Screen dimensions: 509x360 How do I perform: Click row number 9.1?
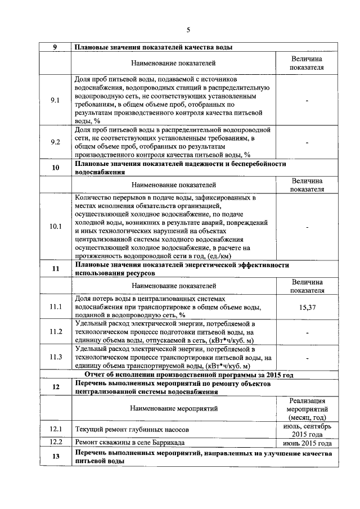click(55, 100)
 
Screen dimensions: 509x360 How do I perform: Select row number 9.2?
click(55, 142)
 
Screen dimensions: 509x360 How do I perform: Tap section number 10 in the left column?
click(55, 168)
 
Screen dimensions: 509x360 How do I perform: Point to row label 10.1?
click(55, 226)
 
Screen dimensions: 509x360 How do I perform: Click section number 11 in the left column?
click(55, 268)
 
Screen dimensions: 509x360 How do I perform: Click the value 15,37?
click(307, 307)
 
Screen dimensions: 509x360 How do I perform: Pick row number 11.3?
click(55, 357)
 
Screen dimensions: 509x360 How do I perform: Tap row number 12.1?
click(55, 430)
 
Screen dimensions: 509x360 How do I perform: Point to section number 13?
click(55, 456)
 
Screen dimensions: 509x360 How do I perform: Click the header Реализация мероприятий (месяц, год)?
click(307, 408)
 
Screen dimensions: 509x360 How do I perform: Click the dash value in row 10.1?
click(307, 226)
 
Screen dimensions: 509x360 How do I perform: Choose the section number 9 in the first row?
click(55, 47)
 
